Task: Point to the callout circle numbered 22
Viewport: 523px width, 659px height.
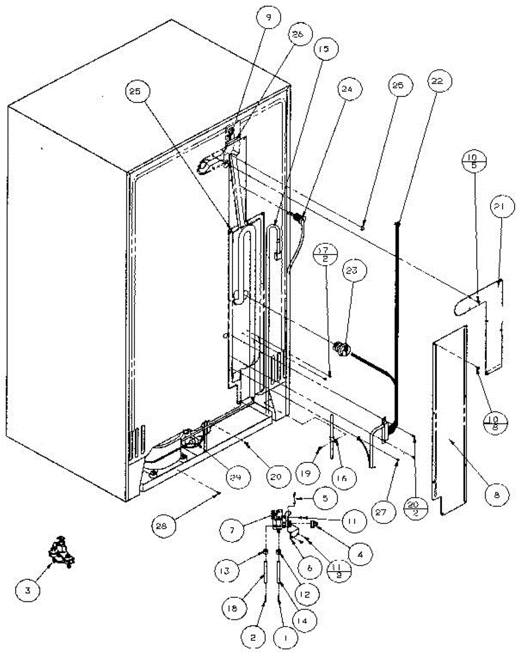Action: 438,81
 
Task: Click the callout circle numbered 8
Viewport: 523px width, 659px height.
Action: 497,494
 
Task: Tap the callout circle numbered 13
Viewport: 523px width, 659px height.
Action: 233,571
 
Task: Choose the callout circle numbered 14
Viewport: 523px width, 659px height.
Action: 306,621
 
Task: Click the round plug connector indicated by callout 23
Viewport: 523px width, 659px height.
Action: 342,348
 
